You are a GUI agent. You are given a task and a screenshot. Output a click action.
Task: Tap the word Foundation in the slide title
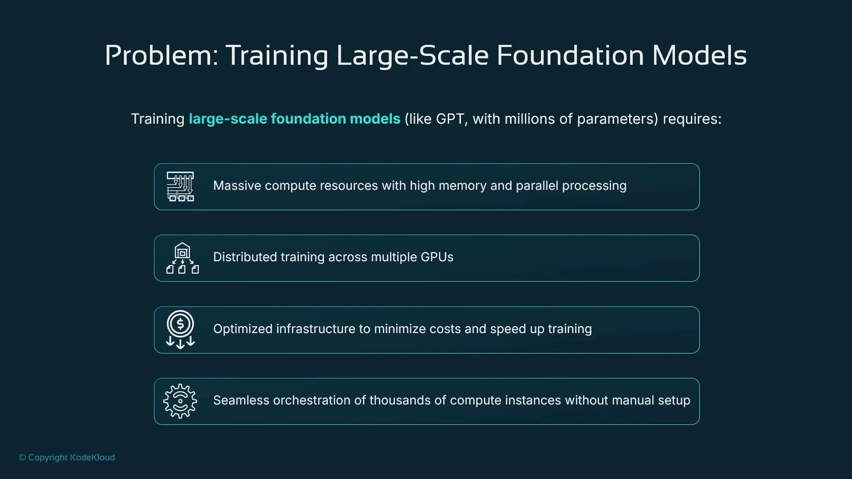tap(570, 56)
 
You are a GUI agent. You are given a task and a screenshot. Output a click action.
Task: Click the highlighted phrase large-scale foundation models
tap(295, 119)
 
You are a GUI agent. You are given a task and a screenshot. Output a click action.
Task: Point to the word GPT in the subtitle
tap(450, 119)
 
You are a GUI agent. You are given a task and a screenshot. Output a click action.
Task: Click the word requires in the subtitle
tap(692, 119)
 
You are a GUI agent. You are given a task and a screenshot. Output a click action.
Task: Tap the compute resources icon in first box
tap(180, 187)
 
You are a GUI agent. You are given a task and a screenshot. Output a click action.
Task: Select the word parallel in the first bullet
tap(537, 185)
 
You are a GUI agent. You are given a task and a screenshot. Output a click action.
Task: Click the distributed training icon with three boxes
tap(182, 258)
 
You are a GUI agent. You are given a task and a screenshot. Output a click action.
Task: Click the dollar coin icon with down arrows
tap(180, 330)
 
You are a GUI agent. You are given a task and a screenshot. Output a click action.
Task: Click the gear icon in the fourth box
tap(180, 401)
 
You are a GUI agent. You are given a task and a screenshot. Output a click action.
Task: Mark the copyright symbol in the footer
tap(22, 457)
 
